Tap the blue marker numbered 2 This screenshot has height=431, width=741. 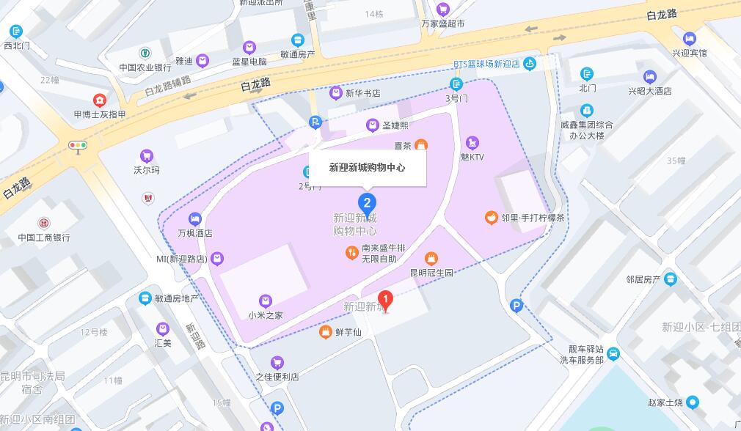point(368,203)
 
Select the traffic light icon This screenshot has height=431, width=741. point(77,145)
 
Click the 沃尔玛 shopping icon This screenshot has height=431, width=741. point(147,156)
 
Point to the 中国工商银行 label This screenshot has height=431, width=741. point(44,237)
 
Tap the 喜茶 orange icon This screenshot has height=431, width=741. point(421,145)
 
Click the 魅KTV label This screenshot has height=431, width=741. point(472,157)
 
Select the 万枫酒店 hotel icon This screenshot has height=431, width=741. point(194,218)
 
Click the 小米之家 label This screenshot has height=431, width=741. point(266,315)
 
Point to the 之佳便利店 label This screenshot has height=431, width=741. point(277,377)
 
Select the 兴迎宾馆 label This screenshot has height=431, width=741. point(690,53)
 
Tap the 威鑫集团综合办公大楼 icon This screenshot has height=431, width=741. point(586,111)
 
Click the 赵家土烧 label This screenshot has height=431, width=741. point(665,402)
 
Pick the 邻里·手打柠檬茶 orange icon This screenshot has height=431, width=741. point(491,217)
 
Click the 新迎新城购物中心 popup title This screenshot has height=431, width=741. point(367,167)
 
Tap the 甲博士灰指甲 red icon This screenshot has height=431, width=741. point(99,100)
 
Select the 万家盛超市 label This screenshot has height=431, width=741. point(442,23)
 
